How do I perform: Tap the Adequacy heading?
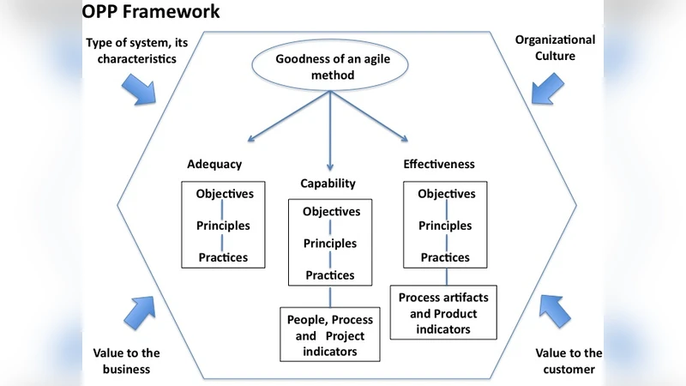214,164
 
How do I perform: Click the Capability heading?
328,184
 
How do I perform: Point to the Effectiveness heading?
438,164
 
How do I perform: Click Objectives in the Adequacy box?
225,194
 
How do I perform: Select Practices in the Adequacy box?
223,257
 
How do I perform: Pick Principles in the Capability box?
330,244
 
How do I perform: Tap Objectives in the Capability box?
332,212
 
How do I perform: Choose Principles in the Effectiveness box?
445,226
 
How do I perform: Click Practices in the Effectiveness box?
445,257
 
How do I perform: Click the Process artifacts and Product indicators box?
445,313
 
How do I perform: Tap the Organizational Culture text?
554,49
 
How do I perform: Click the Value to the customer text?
569,361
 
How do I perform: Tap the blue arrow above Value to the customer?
555,310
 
